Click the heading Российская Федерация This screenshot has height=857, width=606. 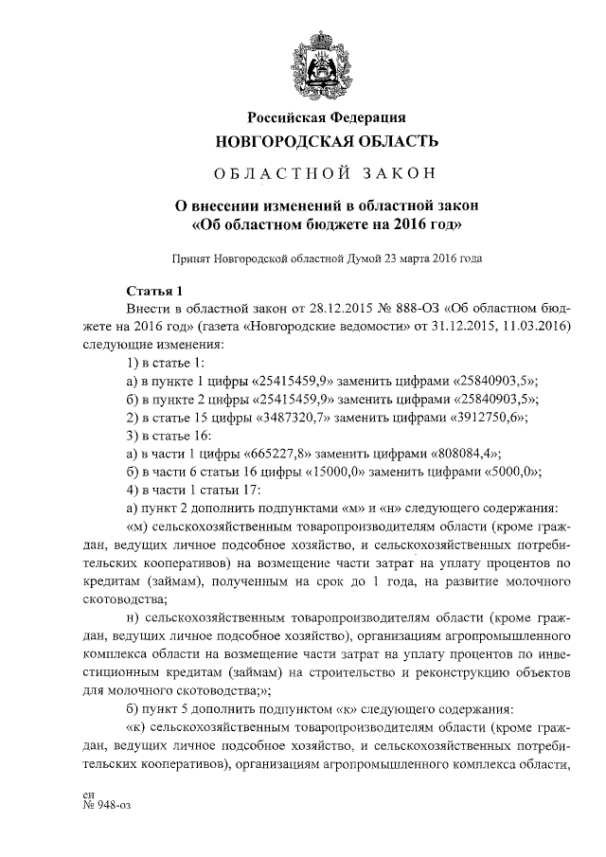coord(327,117)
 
